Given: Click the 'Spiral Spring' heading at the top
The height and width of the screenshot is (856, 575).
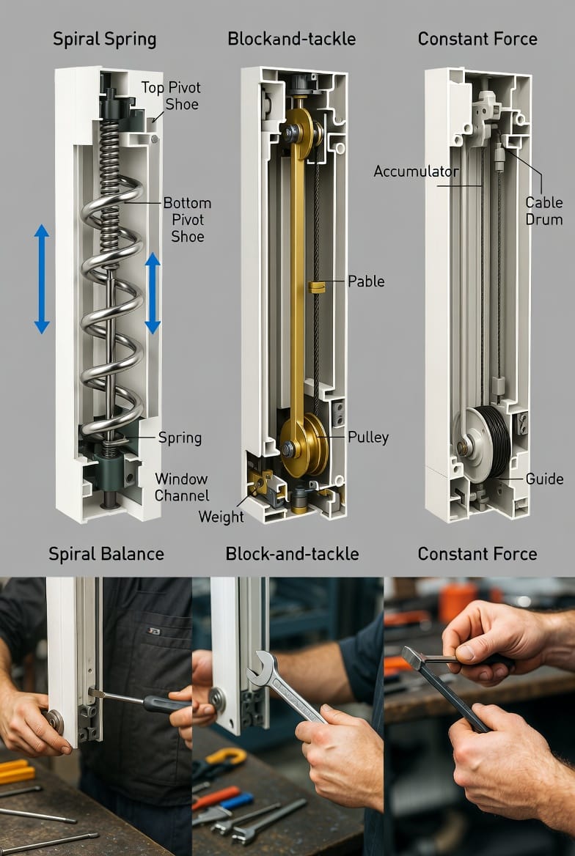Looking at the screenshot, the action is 104,40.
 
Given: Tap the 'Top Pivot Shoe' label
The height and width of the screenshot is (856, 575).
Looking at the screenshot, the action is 171,95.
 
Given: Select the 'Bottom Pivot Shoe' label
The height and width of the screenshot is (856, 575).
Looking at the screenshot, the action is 187,219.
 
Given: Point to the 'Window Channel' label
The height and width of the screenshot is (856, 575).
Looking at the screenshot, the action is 181,487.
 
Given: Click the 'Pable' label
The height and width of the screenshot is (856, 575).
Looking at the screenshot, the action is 366,281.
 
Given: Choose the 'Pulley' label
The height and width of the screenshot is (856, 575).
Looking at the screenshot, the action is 368,438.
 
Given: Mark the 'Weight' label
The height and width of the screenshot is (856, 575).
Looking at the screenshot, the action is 221,517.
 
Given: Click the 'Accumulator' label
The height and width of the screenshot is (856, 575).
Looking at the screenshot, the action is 416,171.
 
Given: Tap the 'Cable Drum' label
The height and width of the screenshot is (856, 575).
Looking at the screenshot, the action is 544,211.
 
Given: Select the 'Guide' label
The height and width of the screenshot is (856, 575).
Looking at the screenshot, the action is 544,479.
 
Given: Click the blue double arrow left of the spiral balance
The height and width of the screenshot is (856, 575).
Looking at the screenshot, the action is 42,279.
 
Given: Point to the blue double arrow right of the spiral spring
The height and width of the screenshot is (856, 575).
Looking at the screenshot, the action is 153,292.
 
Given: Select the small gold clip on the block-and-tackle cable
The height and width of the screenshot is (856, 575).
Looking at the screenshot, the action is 316,287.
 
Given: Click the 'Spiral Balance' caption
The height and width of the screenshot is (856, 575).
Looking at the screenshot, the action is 106,554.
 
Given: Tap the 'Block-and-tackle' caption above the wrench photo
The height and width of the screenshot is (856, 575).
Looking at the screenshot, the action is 292,554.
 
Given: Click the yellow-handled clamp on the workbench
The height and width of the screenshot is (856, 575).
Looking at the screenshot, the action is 225,758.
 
